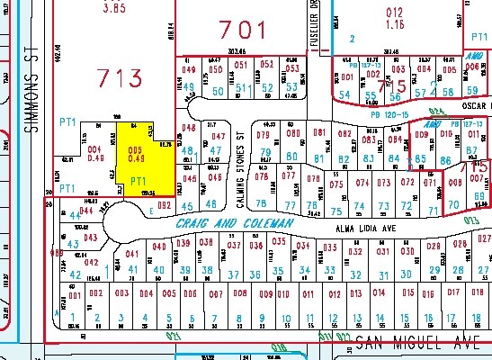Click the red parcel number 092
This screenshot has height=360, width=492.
164,205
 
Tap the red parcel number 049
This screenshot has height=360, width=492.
189,68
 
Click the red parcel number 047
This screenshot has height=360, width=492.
217,136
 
